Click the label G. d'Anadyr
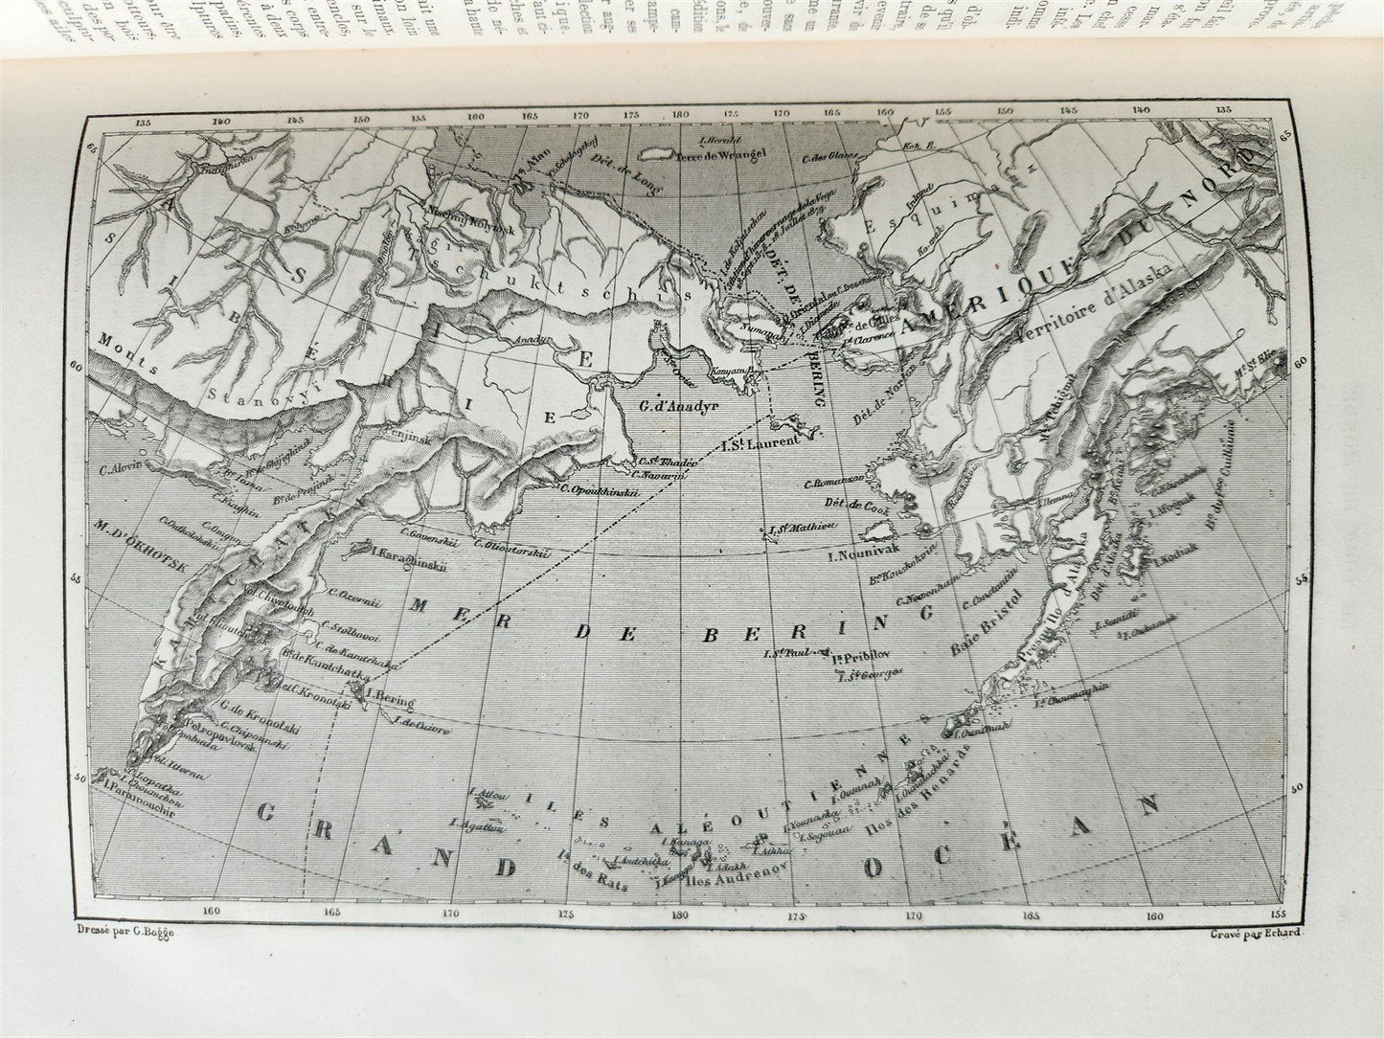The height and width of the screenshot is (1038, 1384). click(678, 404)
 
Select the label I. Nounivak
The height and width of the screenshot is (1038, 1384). click(861, 554)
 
